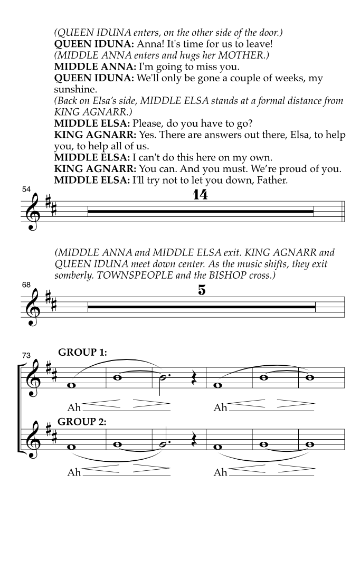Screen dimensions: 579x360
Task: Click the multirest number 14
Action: [200, 195]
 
